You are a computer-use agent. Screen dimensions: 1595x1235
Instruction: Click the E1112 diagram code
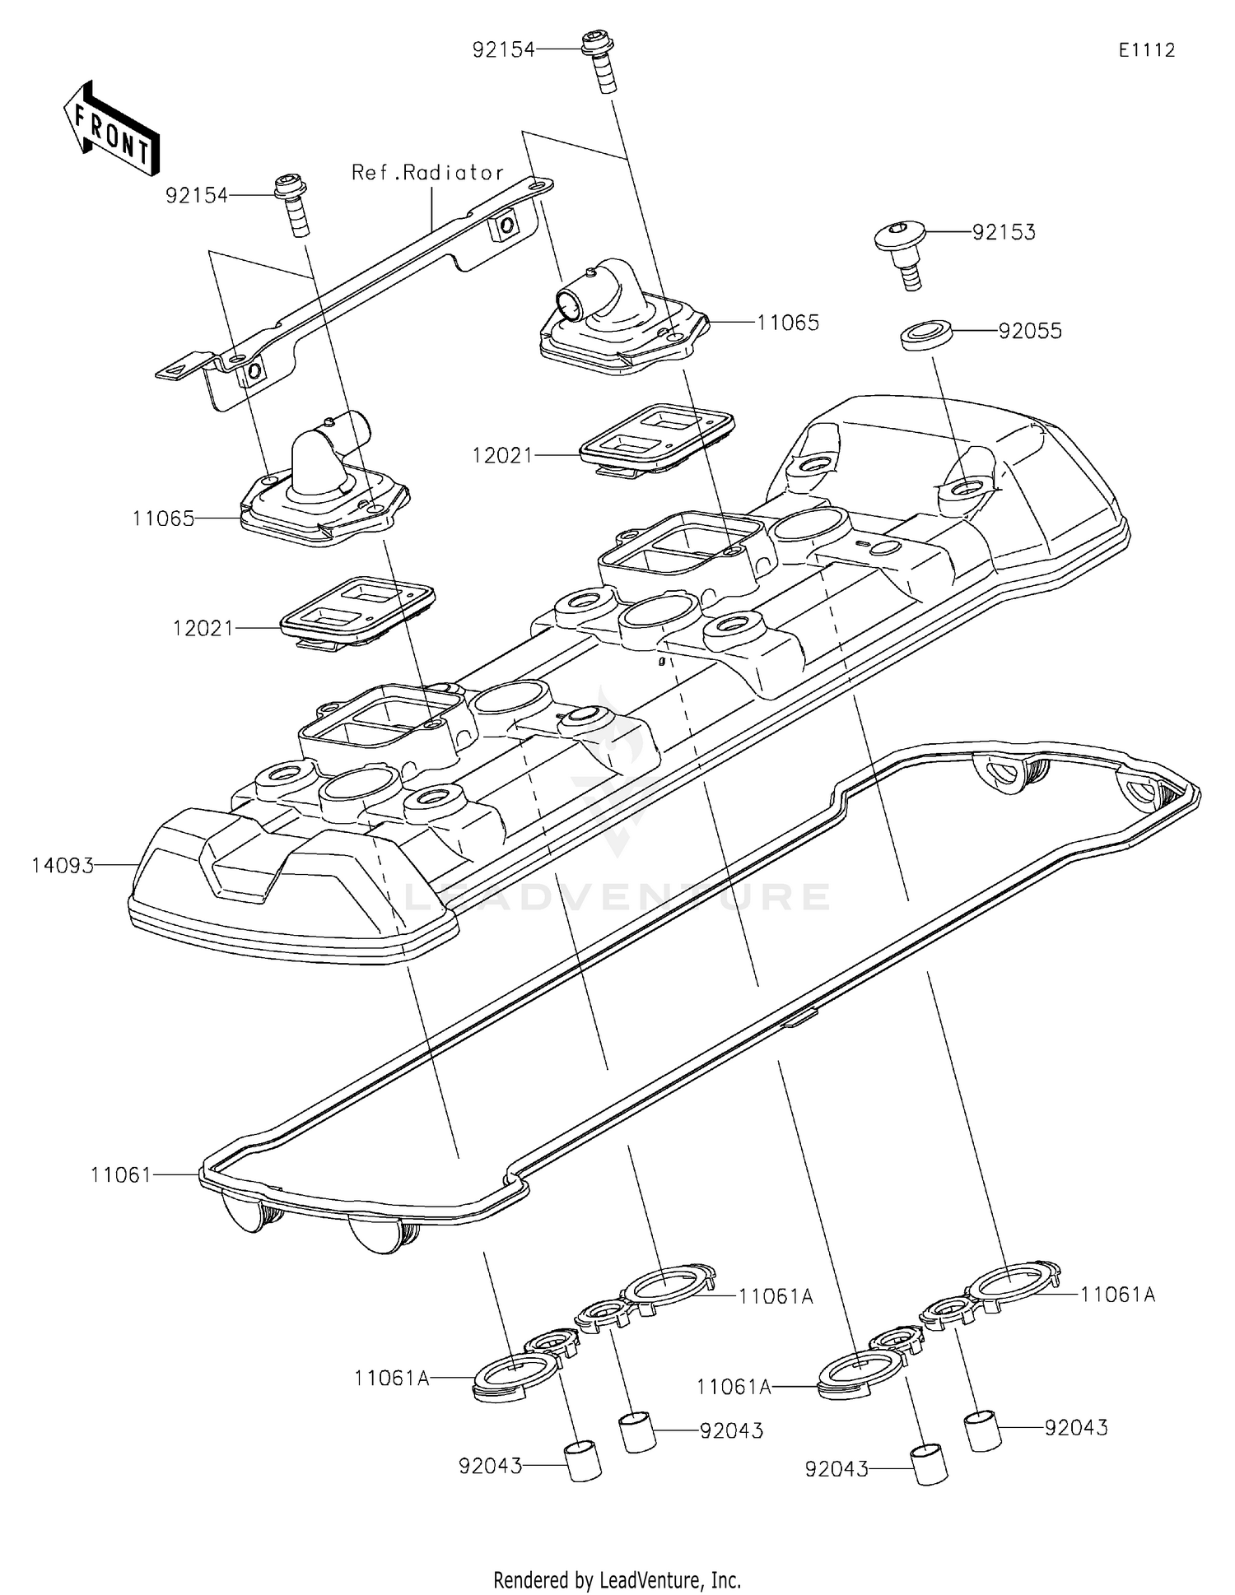1146,50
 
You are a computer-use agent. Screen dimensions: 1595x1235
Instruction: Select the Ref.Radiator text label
426,173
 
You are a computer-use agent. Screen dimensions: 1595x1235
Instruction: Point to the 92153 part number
1003,233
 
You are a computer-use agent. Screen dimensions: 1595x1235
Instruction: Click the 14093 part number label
63,866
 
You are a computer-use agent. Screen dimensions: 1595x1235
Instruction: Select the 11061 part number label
121,1175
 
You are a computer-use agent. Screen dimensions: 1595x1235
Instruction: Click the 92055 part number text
1029,332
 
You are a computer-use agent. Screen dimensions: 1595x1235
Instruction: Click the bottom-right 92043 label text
1076,1428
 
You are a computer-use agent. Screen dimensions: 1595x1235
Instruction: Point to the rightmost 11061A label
1117,1295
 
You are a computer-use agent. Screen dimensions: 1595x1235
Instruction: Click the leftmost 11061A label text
392,1379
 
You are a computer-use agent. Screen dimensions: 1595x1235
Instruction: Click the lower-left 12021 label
203,629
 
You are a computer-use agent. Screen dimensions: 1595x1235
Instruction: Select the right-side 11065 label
787,323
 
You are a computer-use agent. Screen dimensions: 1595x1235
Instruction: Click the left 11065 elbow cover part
325,486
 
